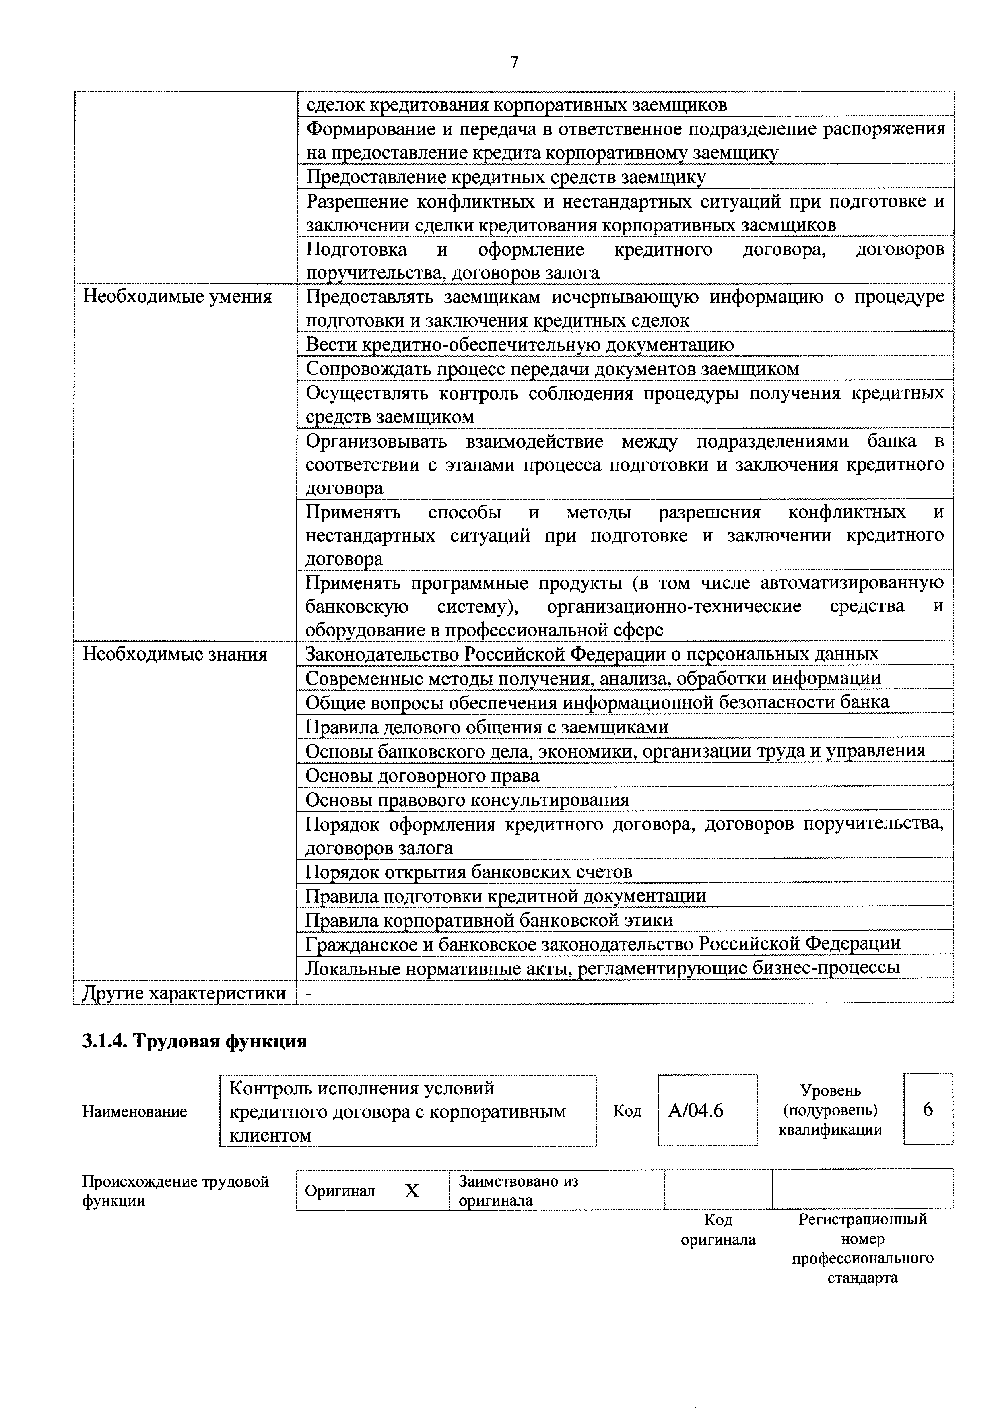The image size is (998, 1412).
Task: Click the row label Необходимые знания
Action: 175,654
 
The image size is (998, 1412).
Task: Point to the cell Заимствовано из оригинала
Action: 518,1191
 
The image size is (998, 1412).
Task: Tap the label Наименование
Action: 134,1111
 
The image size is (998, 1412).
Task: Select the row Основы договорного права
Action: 423,776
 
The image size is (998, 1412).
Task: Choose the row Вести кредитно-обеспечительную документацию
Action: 520,345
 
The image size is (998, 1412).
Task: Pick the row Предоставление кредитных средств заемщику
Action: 505,177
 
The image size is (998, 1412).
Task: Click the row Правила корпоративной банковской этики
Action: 489,921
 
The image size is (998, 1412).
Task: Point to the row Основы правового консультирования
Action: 467,800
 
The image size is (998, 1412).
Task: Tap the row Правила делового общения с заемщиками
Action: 487,727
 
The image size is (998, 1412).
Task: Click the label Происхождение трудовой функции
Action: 175,1191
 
